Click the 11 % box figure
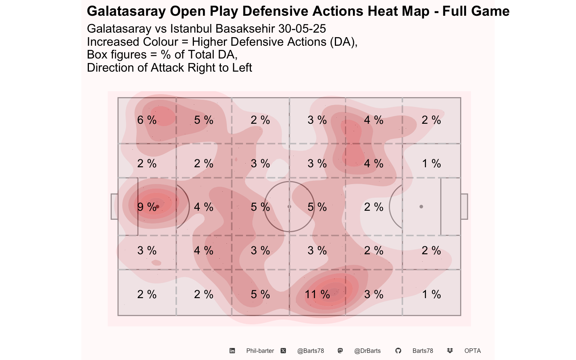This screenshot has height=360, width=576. [x=317, y=294]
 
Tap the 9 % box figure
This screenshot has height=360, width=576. [x=147, y=207]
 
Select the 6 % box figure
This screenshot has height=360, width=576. [x=147, y=120]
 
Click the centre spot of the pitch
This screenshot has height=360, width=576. [x=289, y=207]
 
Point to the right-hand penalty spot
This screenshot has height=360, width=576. [x=421, y=207]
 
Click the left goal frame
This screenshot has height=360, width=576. [x=111, y=207]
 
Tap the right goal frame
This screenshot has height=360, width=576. [x=467, y=207]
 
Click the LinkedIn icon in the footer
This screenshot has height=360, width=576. [x=232, y=351]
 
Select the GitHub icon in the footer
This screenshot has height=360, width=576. [x=398, y=351]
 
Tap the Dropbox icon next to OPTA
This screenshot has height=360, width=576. [x=450, y=351]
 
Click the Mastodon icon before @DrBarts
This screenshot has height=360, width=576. [x=340, y=351]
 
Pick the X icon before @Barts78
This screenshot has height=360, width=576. [x=283, y=351]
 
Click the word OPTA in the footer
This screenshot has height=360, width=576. [x=472, y=351]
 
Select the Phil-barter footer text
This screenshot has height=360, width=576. [x=260, y=351]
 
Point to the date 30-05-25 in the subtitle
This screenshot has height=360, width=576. [x=302, y=28]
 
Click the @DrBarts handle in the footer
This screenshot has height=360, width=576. [x=367, y=351]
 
